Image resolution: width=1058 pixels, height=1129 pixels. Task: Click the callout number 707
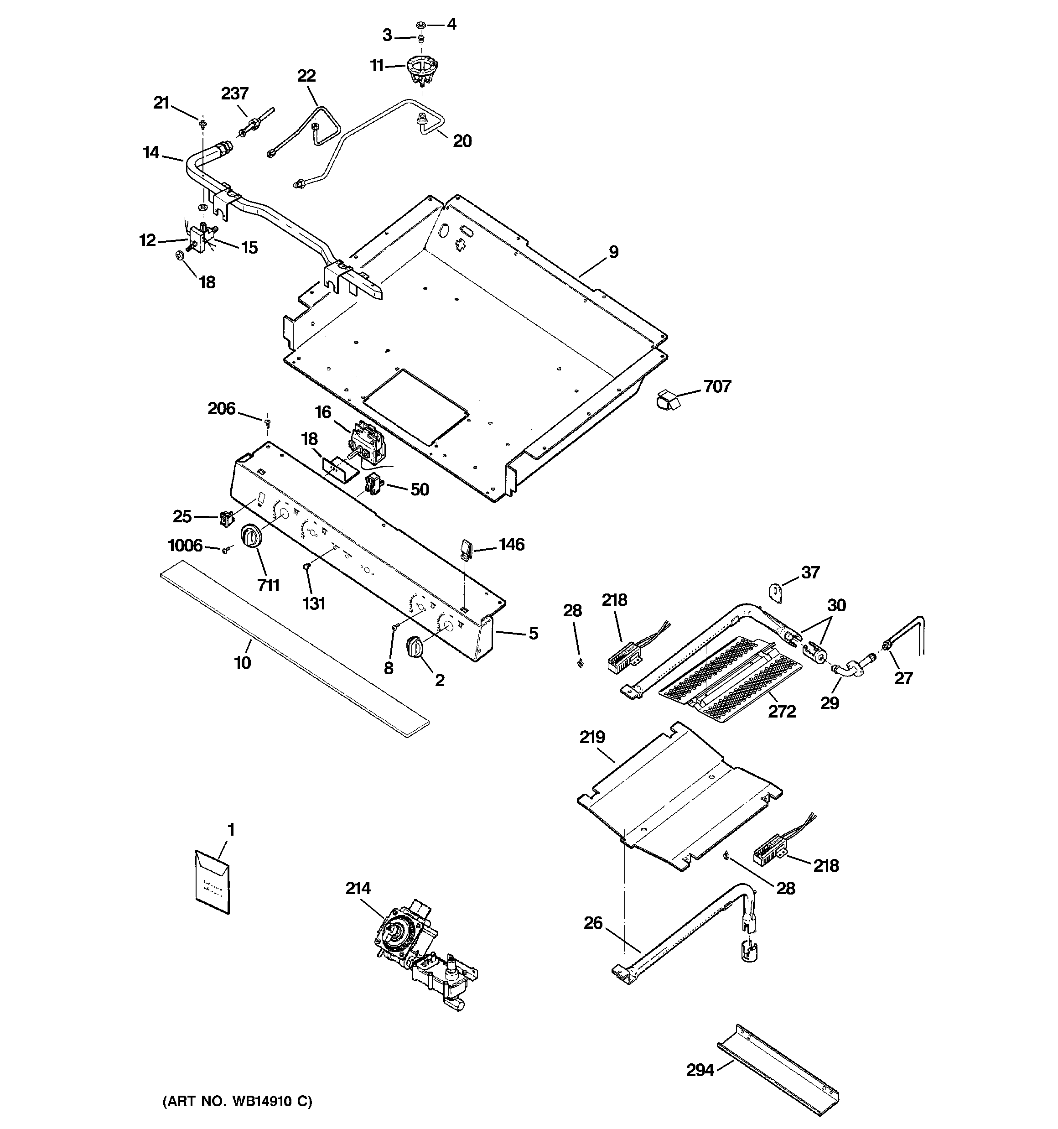click(x=717, y=387)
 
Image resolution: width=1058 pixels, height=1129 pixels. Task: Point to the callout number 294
click(x=700, y=1070)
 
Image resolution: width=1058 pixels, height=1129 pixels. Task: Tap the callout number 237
click(x=234, y=94)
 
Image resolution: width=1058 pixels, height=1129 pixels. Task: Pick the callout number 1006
click(x=185, y=546)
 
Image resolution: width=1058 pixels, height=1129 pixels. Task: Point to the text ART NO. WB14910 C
click(x=238, y=1102)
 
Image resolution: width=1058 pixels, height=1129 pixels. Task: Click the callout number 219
click(x=592, y=738)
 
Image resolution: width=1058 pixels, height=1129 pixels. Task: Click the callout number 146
click(x=512, y=545)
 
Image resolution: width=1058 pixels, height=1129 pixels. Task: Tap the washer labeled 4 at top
click(x=421, y=25)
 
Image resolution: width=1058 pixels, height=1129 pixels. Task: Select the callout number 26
click(x=593, y=923)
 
